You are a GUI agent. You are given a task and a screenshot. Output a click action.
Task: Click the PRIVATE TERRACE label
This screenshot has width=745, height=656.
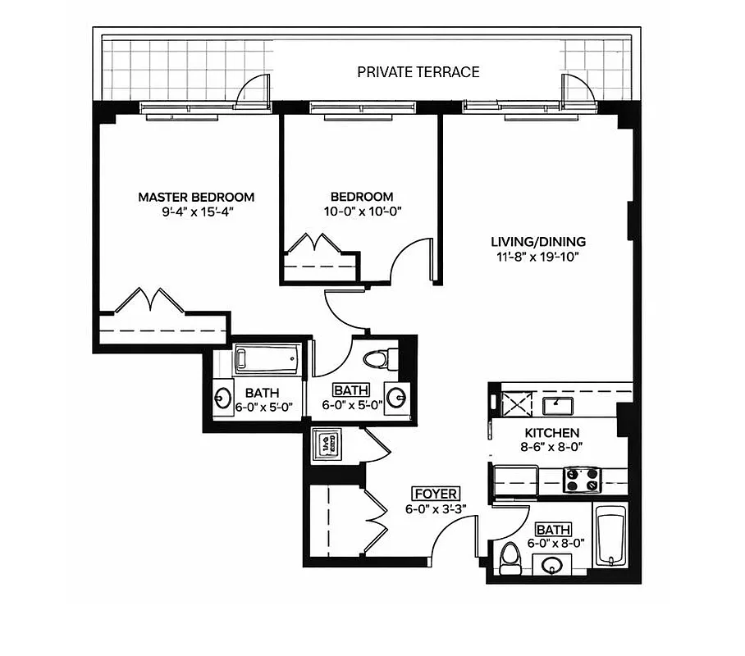click(x=418, y=72)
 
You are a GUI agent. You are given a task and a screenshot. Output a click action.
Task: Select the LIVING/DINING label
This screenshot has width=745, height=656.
click(x=537, y=242)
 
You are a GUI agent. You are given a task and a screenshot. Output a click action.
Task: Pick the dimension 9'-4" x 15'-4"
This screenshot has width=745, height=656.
click(x=195, y=212)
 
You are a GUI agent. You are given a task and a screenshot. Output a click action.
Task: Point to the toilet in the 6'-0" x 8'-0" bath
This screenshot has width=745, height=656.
click(x=509, y=558)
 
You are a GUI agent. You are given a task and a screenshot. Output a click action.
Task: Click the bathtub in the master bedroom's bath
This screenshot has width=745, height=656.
click(x=265, y=359)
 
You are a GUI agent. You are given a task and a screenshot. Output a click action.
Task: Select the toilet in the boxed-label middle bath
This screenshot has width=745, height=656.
click(x=380, y=359)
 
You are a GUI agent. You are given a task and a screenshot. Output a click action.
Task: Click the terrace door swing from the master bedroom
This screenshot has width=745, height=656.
click(x=254, y=90)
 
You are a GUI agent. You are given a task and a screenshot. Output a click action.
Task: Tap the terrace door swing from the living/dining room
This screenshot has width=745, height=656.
click(x=578, y=90)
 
